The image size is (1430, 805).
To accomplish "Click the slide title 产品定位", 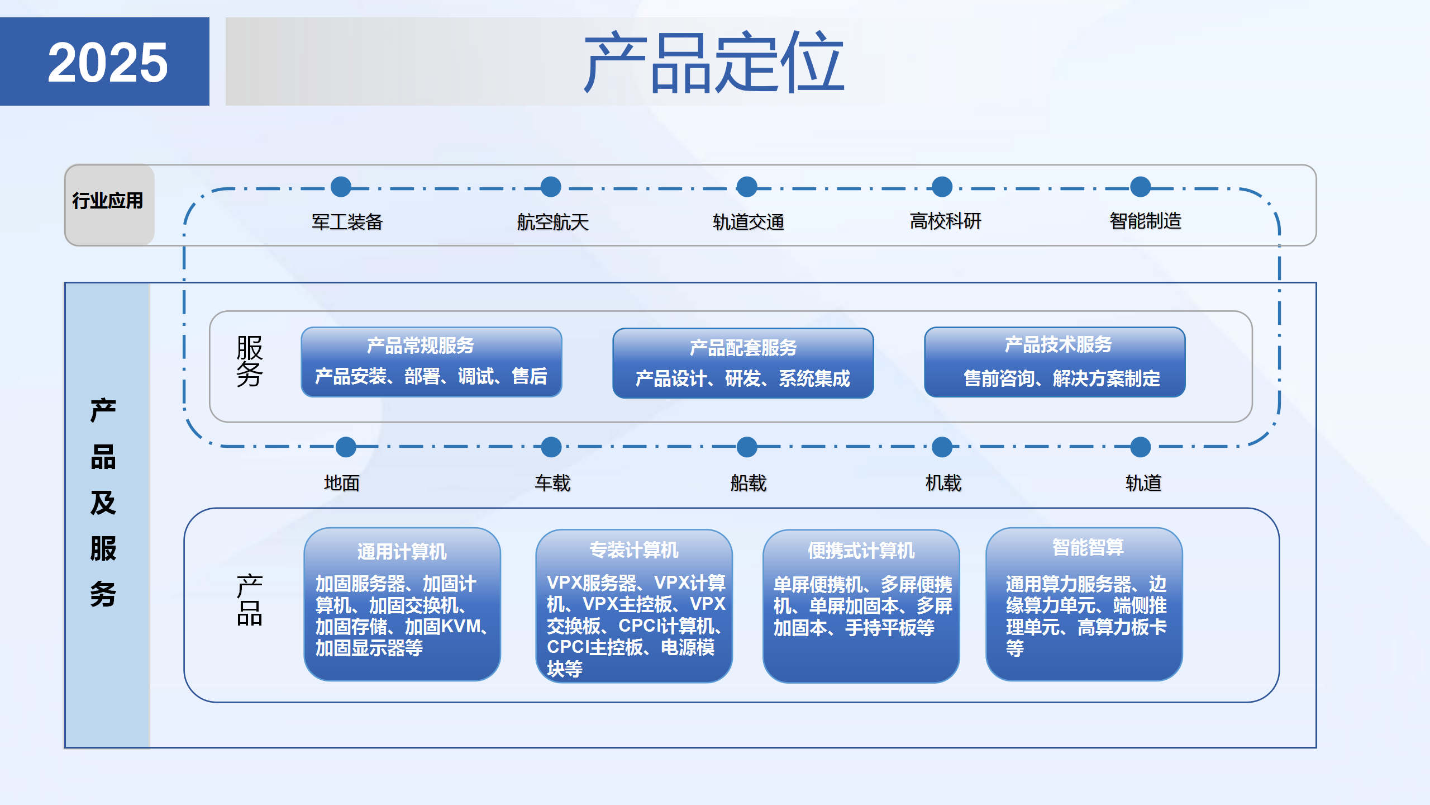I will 713,62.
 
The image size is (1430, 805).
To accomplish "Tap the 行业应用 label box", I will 108,201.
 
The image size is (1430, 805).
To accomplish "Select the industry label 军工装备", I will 347,222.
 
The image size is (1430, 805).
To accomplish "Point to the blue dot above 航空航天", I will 551,187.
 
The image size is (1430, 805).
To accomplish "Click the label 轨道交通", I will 748,222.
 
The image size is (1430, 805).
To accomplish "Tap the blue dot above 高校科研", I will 942,187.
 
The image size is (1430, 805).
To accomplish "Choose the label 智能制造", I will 1145,221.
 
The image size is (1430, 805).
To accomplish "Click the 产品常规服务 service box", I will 431,362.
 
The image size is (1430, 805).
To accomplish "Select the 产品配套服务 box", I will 742,363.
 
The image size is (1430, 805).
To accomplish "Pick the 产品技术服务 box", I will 1054,362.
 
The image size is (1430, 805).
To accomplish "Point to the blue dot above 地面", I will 346,447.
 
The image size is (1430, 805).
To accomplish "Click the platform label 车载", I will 552,483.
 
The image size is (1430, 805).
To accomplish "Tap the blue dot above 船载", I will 747,447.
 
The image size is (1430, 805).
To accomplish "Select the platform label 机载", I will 943,483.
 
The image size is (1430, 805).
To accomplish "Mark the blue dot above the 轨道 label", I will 1140,447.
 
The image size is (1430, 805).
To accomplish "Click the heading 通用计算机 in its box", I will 402,552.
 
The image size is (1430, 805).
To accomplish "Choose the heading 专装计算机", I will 633,550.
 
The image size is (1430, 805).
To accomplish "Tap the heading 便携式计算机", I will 861,551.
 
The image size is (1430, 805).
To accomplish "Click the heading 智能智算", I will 1088,547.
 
